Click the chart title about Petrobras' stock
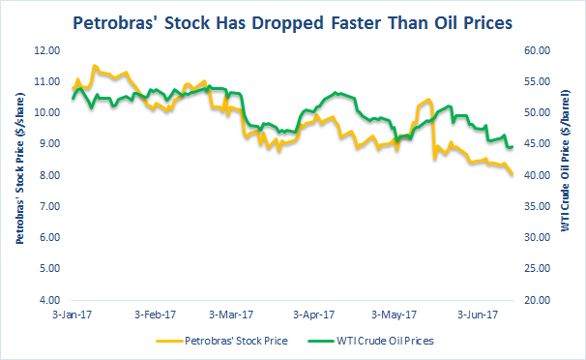point(293,20)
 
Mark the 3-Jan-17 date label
point(73,315)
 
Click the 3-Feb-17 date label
point(155,315)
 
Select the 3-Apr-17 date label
point(314,315)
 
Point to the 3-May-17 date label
point(395,315)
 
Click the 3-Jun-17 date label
point(478,315)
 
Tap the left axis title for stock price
point(20,174)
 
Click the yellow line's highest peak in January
point(94,66)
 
